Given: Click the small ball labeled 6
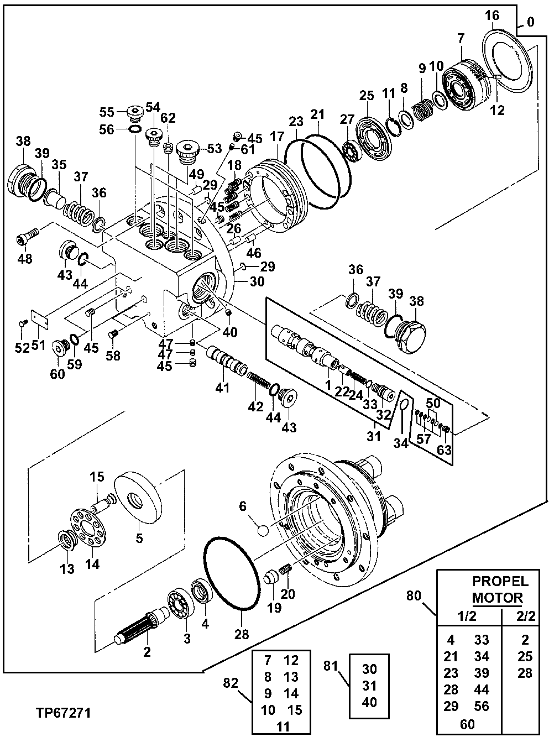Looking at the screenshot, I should [x=263, y=529].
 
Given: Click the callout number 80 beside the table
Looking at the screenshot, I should [x=414, y=596].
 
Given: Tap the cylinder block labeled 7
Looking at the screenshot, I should [x=468, y=81].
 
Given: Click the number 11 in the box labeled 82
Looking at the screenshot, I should [x=283, y=726].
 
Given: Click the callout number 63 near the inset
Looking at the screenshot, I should [x=444, y=449].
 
